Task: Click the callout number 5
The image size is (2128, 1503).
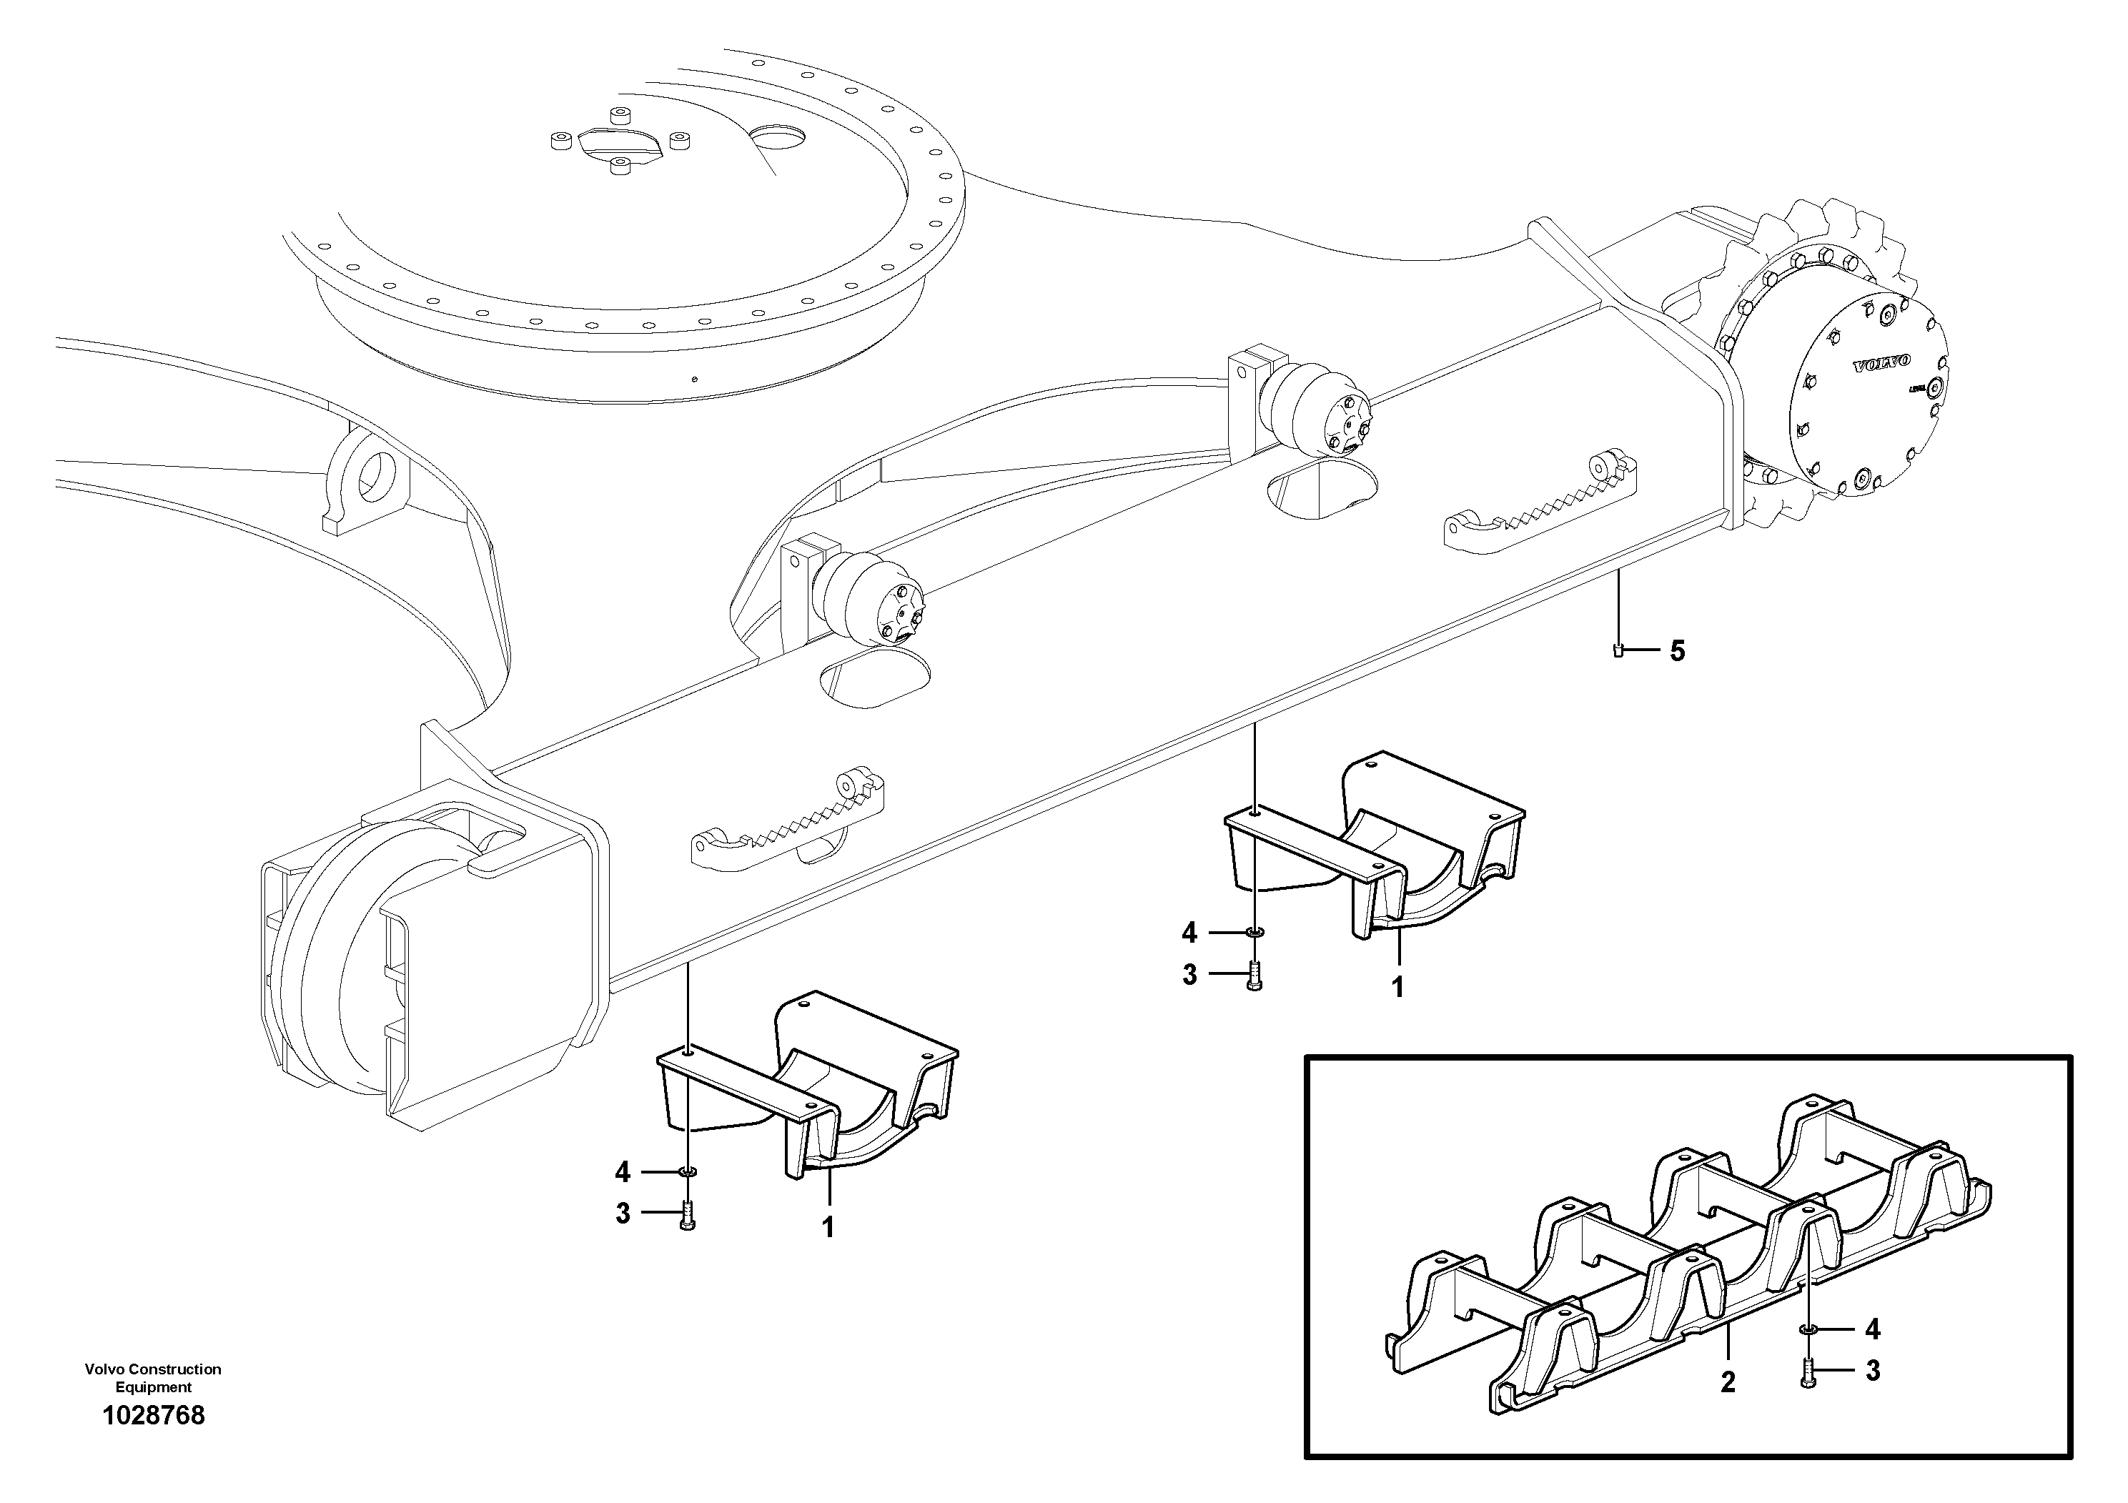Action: click(1678, 650)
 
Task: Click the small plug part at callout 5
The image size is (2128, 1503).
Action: click(1618, 650)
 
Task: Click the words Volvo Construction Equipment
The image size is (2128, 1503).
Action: click(153, 1378)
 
